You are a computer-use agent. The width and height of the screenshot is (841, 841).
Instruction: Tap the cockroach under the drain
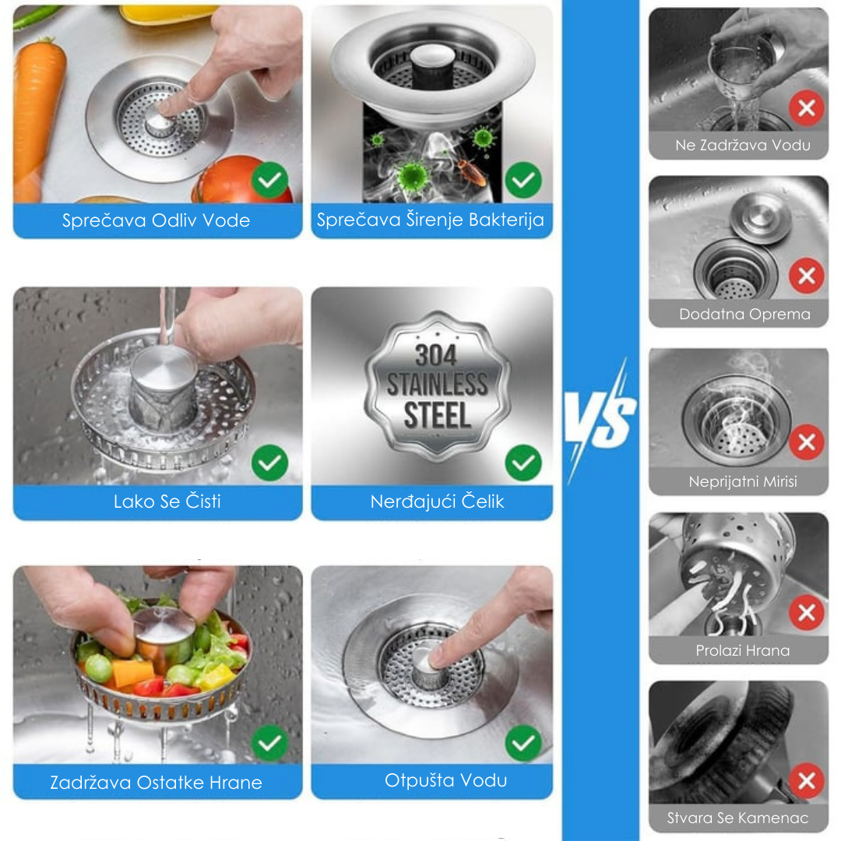(471, 170)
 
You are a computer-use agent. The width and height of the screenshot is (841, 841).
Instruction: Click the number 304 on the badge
(435, 355)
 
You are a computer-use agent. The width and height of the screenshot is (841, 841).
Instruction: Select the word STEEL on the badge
(437, 416)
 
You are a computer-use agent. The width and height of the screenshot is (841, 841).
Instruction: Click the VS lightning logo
(600, 421)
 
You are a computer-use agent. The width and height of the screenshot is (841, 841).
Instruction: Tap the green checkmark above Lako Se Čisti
(269, 463)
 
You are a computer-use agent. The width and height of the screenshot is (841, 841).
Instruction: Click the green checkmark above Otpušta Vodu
(523, 743)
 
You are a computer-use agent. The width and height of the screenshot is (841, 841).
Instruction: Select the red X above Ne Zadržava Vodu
(807, 108)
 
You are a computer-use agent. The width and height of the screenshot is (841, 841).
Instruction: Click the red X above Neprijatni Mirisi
(807, 442)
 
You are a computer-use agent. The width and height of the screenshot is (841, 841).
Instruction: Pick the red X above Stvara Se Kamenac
(807, 780)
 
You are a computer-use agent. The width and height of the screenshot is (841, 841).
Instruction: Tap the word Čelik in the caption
(483, 501)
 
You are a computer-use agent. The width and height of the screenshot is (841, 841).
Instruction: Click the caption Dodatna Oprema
(744, 315)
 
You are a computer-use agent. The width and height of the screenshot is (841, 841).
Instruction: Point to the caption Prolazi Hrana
(743, 650)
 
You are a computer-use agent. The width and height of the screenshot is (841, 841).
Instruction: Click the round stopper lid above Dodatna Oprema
(761, 217)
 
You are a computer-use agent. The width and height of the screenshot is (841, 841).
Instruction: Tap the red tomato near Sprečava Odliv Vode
(241, 180)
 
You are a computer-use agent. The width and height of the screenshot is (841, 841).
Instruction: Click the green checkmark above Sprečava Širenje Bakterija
(523, 180)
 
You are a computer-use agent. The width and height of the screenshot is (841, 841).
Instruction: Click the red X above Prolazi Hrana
(807, 613)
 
